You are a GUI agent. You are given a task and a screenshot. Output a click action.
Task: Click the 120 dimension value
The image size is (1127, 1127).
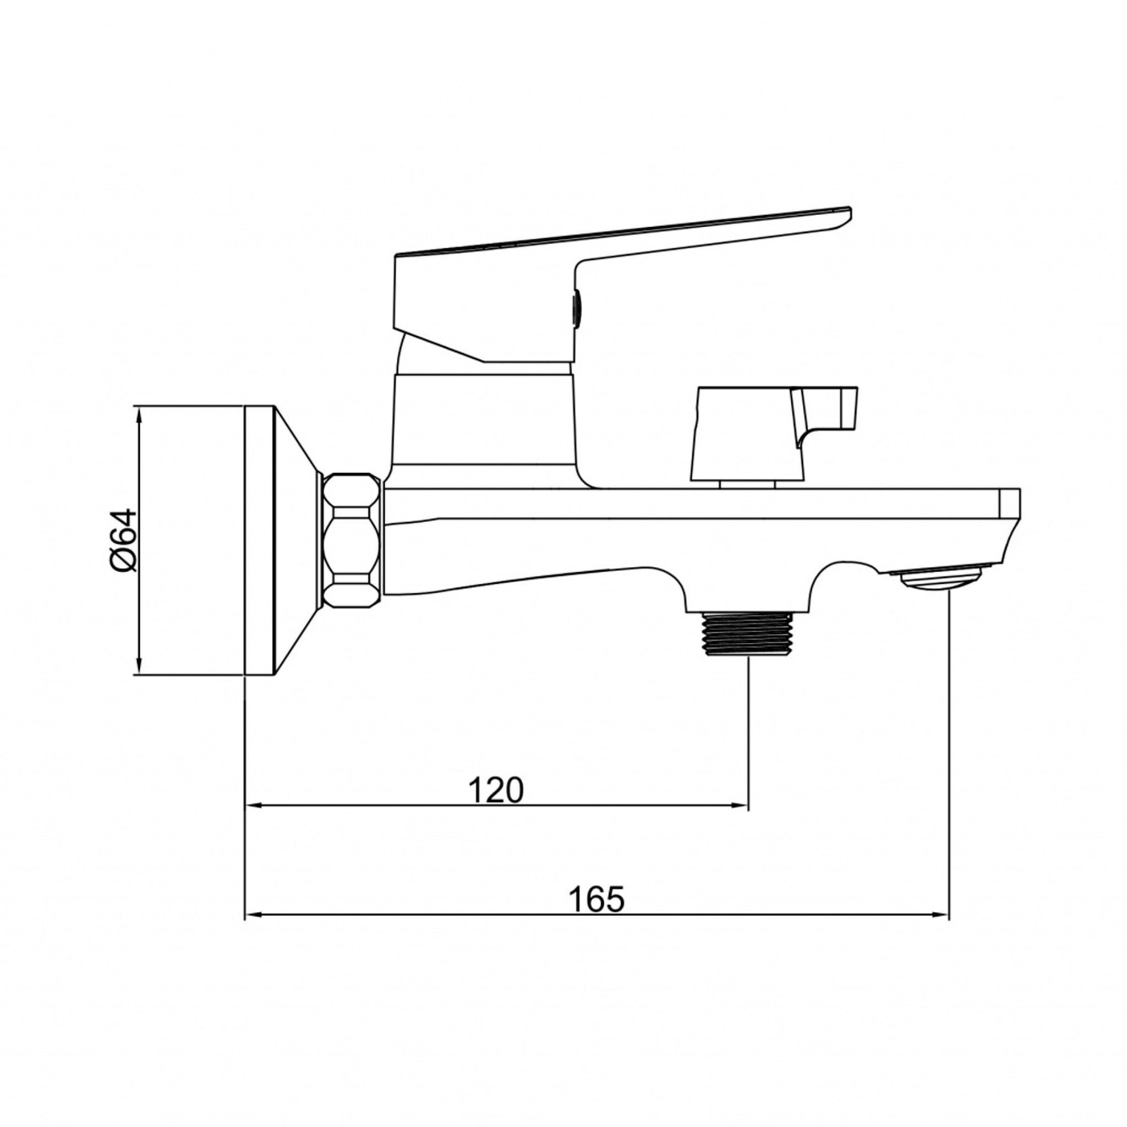[496, 790]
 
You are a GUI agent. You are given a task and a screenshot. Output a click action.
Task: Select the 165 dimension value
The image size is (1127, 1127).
[596, 899]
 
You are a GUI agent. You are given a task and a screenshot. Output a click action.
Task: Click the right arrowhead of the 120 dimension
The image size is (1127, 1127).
[741, 806]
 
